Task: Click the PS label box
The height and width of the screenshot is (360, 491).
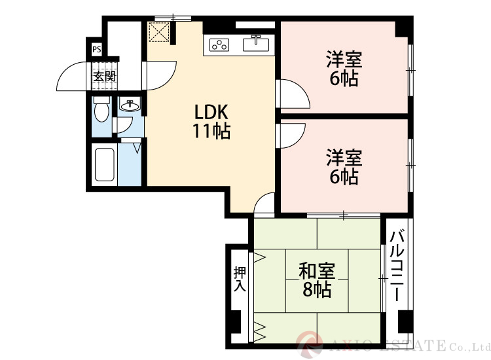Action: click(96, 48)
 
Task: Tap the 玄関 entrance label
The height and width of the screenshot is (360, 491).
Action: click(103, 76)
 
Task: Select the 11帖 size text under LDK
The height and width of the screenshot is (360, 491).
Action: click(210, 132)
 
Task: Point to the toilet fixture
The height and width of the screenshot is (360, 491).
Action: click(100, 109)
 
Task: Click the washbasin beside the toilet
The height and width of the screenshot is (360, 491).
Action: click(130, 104)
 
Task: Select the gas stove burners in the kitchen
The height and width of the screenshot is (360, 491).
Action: click(220, 45)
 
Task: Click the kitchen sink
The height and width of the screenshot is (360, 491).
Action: click(257, 44)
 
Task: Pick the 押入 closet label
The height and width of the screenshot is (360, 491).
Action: click(240, 279)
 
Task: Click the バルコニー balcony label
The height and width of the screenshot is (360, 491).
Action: click(396, 266)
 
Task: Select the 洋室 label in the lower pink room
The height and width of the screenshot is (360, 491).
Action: click(344, 158)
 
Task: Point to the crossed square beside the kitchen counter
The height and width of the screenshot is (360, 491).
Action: click(159, 33)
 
